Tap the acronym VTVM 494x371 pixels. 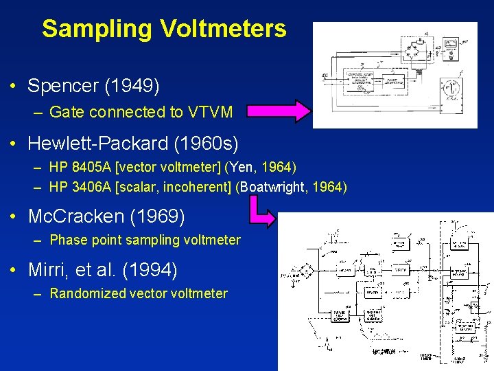tap(210, 112)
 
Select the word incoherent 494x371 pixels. tap(197, 187)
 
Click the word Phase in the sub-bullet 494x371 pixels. tap(67, 240)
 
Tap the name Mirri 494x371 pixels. tap(49, 269)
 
